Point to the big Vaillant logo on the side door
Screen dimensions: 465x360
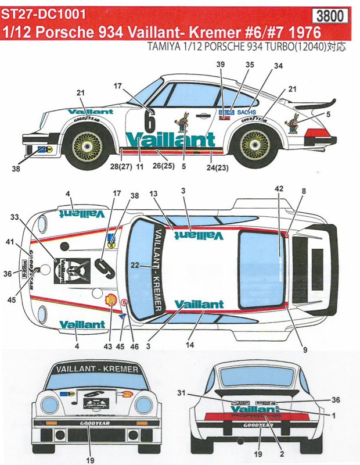point(170,139)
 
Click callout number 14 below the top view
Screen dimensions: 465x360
point(204,345)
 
